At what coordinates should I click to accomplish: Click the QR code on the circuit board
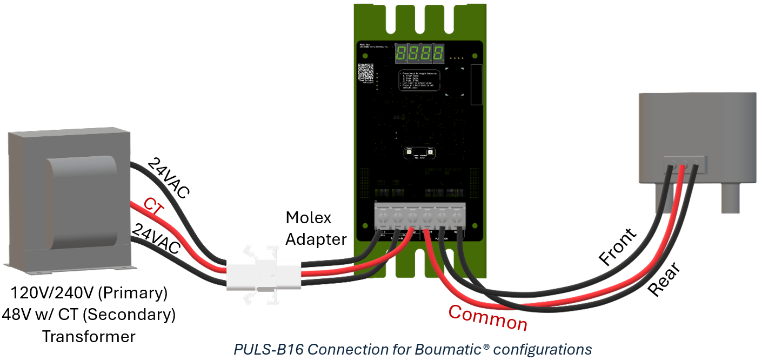(365, 72)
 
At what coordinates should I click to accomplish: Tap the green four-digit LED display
(420, 53)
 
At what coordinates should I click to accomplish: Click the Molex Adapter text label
(316, 228)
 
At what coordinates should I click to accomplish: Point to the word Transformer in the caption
(89, 336)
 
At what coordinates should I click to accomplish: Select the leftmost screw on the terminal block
(382, 218)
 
